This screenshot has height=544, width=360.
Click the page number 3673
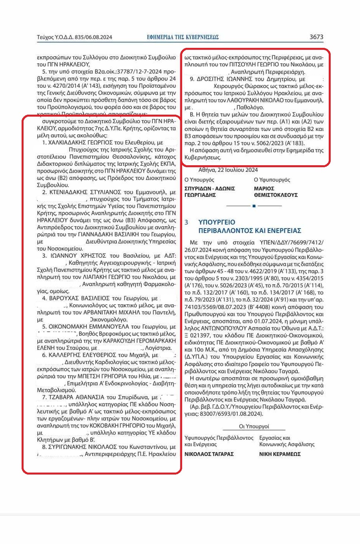(x=316, y=37)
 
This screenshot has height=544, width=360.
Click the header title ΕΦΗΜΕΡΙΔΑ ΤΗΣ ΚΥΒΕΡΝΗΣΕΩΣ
(x=183, y=37)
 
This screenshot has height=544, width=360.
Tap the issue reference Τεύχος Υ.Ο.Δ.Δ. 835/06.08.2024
(x=74, y=37)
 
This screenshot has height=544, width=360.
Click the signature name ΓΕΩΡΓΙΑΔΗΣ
(x=200, y=195)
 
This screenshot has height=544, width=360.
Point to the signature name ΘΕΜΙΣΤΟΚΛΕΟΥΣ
(x=275, y=195)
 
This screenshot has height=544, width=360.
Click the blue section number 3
(x=186, y=222)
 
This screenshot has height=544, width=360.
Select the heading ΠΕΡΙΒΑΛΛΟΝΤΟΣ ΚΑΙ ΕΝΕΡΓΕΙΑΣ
(x=250, y=230)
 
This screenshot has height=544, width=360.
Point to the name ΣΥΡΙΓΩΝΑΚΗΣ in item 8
(x=68, y=447)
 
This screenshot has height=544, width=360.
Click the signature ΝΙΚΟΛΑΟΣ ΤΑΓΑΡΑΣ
(x=209, y=454)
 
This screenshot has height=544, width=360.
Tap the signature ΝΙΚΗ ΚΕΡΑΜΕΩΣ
(x=280, y=454)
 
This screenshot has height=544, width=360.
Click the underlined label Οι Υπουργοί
(x=254, y=426)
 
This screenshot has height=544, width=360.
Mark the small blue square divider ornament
(x=254, y=206)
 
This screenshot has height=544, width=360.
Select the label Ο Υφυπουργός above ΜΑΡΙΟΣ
(x=272, y=180)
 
